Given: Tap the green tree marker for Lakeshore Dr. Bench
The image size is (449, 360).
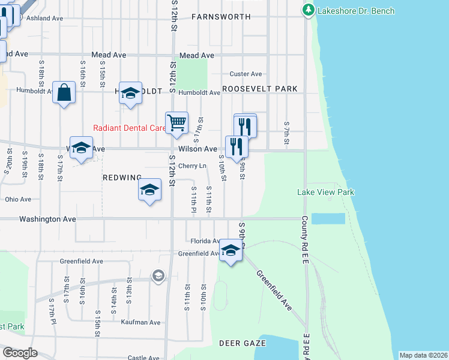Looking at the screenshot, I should point(309,10).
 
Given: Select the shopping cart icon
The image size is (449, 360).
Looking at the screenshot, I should point(176,122).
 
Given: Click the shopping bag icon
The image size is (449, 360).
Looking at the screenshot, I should point(64,92).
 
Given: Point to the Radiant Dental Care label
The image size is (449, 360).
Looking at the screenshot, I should point(129,128).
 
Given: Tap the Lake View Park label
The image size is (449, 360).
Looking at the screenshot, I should point(326,192).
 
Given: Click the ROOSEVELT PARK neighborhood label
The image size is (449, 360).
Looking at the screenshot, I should point(260,89).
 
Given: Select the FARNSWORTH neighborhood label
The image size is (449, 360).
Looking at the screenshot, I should point(220,17).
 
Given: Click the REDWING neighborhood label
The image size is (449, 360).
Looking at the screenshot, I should point(122,177).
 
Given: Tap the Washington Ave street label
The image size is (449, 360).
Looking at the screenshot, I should point(47,220).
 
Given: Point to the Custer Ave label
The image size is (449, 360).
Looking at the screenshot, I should point(246,74).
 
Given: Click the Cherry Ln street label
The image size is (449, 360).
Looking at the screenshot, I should point(192,166).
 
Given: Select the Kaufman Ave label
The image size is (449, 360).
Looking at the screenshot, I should point(140,322).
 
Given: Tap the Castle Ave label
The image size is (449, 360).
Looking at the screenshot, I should point(143,358).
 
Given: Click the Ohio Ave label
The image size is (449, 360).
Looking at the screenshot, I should point(18,199).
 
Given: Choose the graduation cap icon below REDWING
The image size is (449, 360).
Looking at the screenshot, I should point(149,190).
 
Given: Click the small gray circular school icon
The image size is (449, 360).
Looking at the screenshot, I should point(158,275).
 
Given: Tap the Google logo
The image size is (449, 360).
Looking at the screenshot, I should point(19,353).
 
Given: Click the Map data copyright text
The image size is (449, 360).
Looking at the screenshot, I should point(423,355).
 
